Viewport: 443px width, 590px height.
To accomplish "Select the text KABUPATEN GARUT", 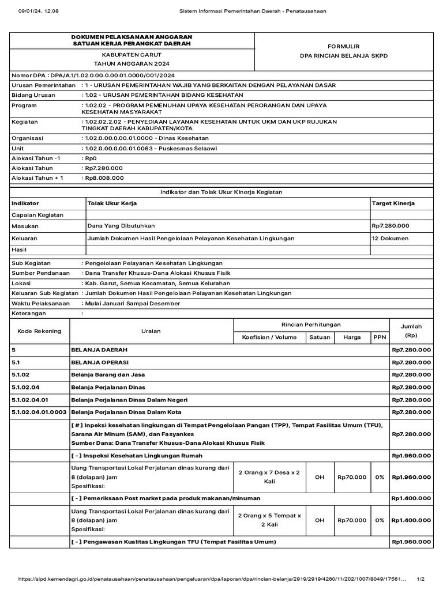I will (x=132, y=54).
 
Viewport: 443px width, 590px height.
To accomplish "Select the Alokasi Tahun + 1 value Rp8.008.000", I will (x=104, y=178).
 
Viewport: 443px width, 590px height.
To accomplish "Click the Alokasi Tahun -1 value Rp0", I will (x=91, y=158).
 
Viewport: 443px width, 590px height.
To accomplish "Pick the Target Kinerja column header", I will (x=393, y=203).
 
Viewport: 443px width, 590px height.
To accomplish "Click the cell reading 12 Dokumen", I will (x=390, y=238).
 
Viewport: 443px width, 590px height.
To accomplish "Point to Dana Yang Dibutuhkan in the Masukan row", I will (x=121, y=226).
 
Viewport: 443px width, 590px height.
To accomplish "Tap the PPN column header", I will (x=380, y=338).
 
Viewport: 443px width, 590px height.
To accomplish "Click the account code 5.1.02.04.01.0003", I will (x=39, y=411).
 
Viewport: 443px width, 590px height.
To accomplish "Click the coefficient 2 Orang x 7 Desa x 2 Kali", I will (x=269, y=476).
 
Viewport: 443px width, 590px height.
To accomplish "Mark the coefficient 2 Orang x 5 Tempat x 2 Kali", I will (x=269, y=520).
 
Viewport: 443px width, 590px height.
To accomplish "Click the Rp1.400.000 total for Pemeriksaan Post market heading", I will (x=411, y=498).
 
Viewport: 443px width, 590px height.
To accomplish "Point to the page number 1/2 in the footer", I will (x=421, y=579).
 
